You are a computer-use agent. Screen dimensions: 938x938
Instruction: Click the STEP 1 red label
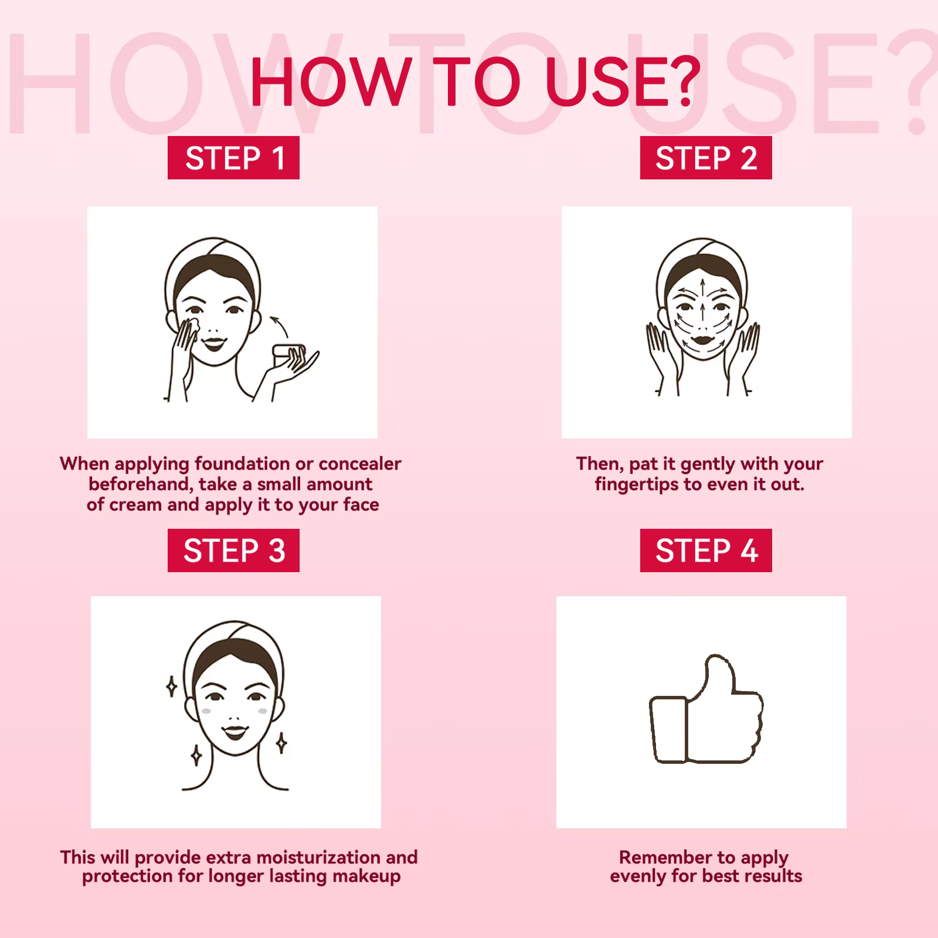pyautogui.click(x=233, y=158)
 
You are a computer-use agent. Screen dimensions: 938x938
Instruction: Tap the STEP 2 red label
pyautogui.click(x=706, y=158)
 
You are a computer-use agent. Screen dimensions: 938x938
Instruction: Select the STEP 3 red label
pyautogui.click(x=233, y=550)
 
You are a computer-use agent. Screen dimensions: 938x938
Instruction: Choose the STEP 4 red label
pyautogui.click(x=706, y=550)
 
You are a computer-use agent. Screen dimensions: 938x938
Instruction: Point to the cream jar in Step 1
pyautogui.click(x=289, y=356)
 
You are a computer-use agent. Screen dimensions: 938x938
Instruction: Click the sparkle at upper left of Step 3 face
pyautogui.click(x=171, y=686)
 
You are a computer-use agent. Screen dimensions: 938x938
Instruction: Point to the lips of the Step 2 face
pyautogui.click(x=702, y=339)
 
